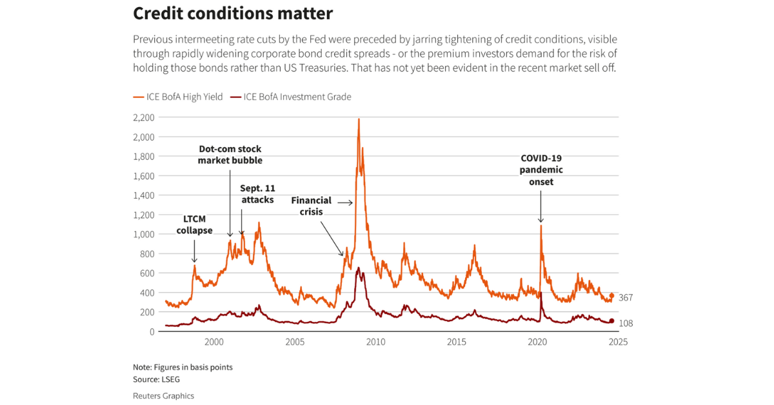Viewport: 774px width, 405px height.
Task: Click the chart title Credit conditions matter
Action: [x=233, y=14]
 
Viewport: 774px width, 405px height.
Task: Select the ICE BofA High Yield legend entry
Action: [x=178, y=97]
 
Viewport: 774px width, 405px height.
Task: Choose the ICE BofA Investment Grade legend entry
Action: [x=292, y=97]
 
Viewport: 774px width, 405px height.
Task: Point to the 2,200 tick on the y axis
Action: [x=143, y=117]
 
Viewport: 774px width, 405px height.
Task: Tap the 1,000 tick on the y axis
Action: [x=143, y=234]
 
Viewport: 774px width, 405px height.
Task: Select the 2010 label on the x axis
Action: [x=376, y=342]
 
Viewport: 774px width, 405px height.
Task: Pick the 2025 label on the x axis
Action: [x=618, y=342]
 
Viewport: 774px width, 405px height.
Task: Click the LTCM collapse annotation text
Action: [x=194, y=225]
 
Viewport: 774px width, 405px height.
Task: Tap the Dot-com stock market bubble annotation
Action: [x=230, y=155]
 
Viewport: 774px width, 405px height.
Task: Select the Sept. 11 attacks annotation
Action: [x=257, y=194]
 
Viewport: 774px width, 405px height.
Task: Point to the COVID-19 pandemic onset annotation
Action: [x=542, y=170]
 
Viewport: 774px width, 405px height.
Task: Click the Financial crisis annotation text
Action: [x=311, y=206]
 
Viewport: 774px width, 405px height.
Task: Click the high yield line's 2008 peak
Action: [x=359, y=119]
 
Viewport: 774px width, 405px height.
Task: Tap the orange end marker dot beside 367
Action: [x=611, y=296]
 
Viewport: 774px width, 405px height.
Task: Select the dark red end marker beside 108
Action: [x=611, y=321]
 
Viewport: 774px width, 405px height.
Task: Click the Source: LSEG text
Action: [x=157, y=379]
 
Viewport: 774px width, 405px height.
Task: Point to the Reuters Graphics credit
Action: [x=163, y=396]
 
